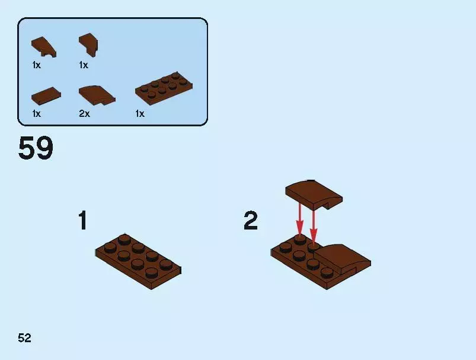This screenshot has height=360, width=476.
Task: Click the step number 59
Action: click(36, 148)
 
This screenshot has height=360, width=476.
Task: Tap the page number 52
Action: click(24, 338)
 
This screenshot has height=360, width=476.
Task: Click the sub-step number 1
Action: click(82, 220)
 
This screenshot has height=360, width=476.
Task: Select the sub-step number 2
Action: click(251, 221)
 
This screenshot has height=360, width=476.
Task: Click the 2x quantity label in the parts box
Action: click(84, 114)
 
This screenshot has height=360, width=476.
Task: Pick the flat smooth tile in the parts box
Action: click(46, 96)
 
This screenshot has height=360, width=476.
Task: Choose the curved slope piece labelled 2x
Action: click(97, 95)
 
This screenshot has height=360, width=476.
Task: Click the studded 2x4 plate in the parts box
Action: click(164, 88)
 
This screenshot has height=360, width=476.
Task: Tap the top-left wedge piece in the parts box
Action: click(44, 47)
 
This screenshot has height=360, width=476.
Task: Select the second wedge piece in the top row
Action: click(88, 44)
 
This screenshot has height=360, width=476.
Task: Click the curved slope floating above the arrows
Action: click(314, 195)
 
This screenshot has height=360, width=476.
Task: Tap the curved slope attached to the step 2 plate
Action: click(343, 259)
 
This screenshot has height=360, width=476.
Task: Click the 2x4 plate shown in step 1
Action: click(139, 262)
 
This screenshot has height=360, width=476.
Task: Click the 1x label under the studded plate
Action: click(140, 114)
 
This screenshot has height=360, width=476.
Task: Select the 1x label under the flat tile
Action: click(36, 114)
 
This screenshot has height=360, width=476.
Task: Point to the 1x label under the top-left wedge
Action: click(36, 65)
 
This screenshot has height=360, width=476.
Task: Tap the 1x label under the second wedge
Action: click(84, 65)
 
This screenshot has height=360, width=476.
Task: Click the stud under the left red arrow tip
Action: click(300, 240)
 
